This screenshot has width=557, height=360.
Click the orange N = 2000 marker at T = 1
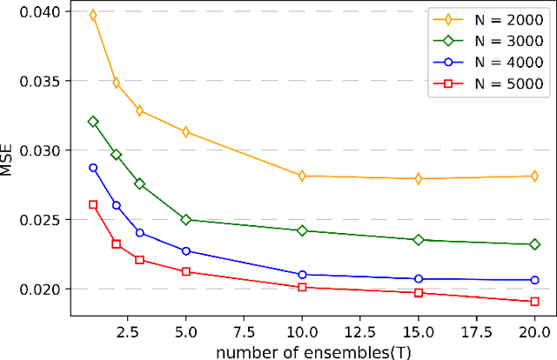click(x=93, y=16)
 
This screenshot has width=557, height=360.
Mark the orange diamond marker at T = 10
click(x=302, y=176)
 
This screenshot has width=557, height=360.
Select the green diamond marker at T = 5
click(x=185, y=220)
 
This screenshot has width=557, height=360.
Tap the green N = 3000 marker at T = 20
click(x=534, y=244)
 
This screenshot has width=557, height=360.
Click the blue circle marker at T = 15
click(x=419, y=279)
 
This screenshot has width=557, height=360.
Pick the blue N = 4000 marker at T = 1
click(x=93, y=168)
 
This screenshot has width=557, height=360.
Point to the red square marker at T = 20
click(x=534, y=302)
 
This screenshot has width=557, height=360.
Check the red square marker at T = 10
click(x=302, y=287)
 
